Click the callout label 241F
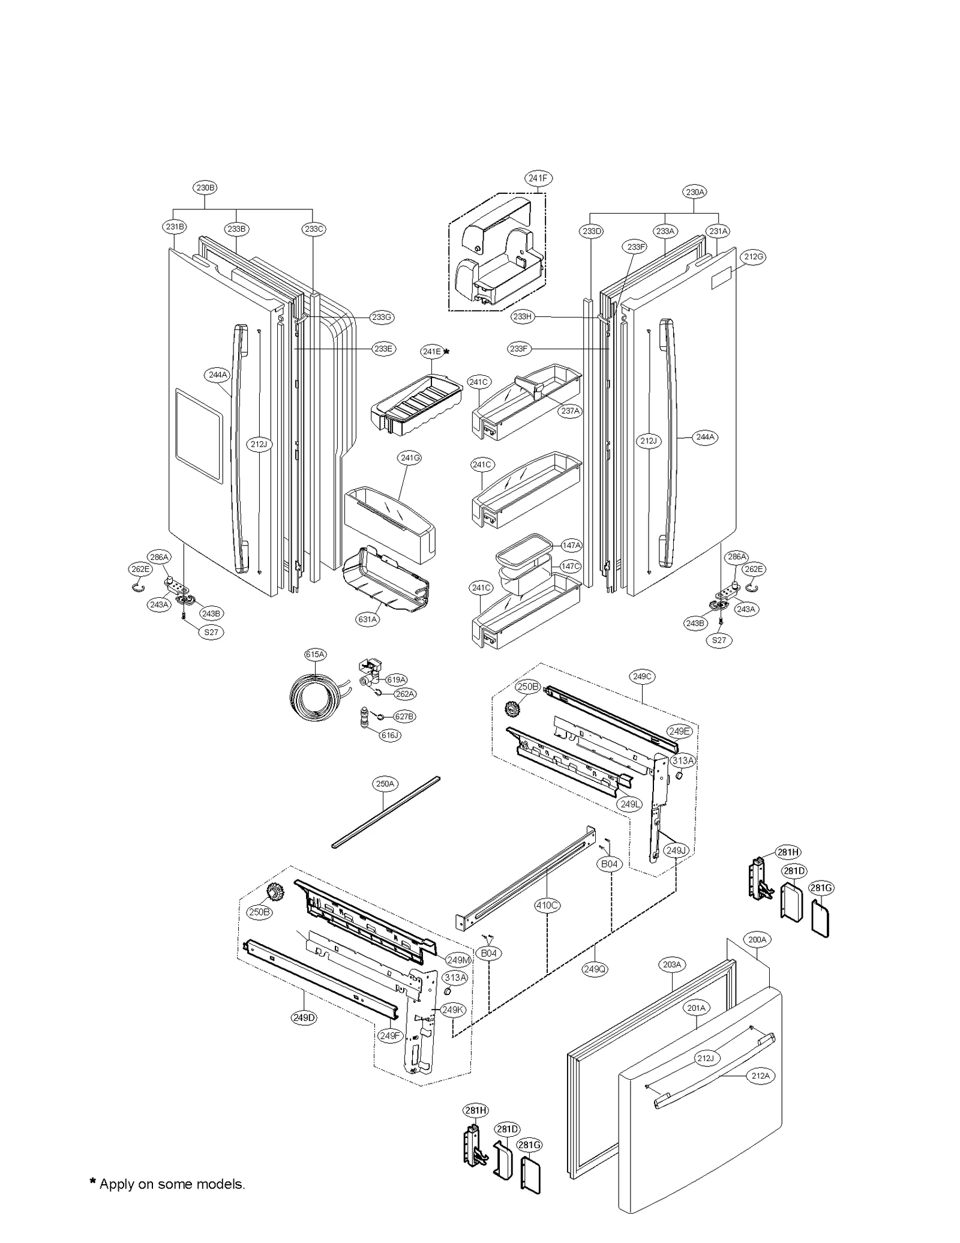coord(538,178)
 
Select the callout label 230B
coord(205,188)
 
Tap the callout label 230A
coord(694,192)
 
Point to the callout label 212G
coord(754,257)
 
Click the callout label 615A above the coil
coord(316,655)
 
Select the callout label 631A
coord(367,619)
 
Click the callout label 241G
coord(409,458)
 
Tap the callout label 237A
coord(570,411)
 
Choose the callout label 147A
coord(571,546)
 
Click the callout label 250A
coord(385,784)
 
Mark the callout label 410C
coord(547,905)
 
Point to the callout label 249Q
coord(594,969)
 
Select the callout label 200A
coord(757,940)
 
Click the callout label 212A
coord(760,1076)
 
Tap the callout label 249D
coord(304,1018)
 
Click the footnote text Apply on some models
coord(167,1184)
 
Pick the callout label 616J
coord(390,735)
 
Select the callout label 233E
coord(383,349)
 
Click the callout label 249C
coord(641,676)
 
